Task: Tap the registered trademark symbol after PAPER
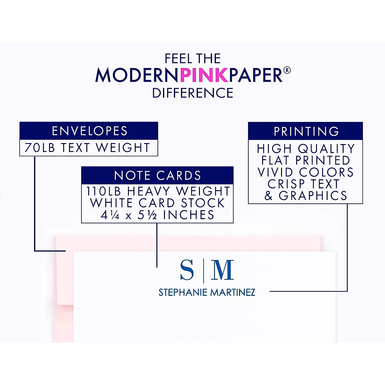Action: (287, 70)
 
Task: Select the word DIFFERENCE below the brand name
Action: (193, 93)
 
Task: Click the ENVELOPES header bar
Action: (89, 131)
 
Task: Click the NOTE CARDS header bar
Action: (157, 175)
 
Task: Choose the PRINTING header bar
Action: (305, 131)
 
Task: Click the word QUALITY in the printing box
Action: (326, 149)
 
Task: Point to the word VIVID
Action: (275, 172)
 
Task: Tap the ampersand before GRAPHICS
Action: (269, 196)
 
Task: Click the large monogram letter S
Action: (187, 270)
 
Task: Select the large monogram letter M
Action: (222, 270)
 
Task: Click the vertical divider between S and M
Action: (203, 271)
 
